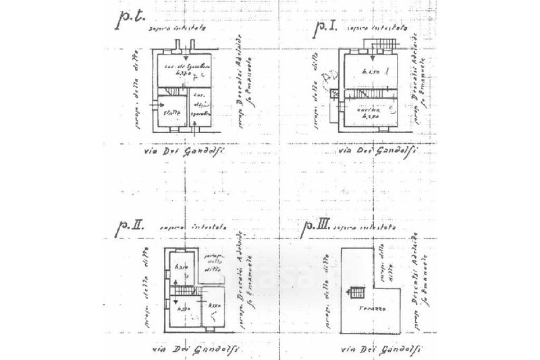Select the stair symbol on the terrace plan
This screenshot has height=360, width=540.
pos(357,292)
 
